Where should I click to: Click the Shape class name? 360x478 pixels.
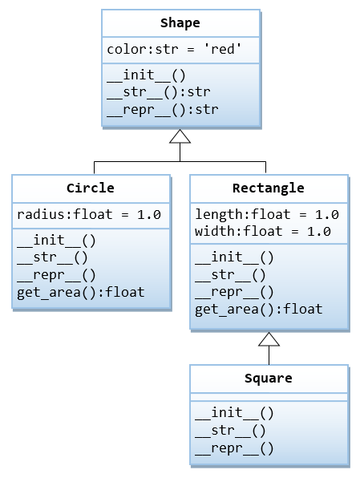[x=180, y=23]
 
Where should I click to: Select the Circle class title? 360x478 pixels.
[x=91, y=188]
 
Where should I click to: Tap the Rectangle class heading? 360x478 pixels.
[x=268, y=188]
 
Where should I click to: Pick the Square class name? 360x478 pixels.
[x=268, y=378]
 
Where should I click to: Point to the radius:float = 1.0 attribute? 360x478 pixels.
[x=89, y=214]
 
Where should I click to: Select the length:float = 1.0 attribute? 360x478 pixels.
[x=267, y=214]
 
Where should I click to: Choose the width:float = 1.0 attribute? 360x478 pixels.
[x=263, y=231]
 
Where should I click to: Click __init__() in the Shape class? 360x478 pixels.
[x=146, y=75]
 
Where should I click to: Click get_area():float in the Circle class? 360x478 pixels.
[x=81, y=291]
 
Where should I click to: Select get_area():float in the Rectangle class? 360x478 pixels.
[x=259, y=308]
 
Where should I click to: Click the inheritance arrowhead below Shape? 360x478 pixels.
[x=180, y=136]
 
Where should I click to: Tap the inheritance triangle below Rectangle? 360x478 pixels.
[x=269, y=338]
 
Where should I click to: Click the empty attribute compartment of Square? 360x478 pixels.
[x=269, y=396]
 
